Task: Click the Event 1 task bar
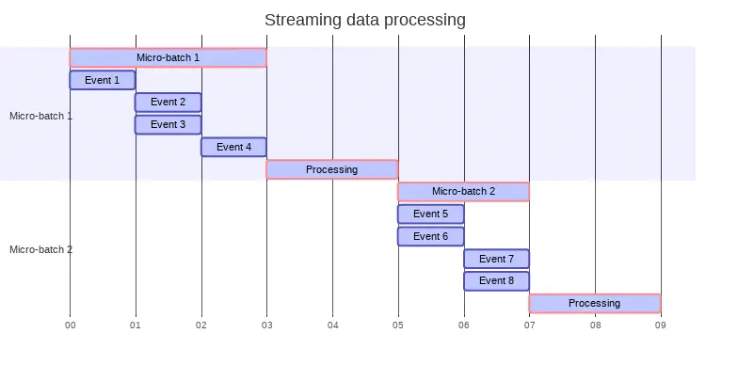tap(103, 80)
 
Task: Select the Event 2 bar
tap(168, 102)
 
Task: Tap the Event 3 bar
tap(168, 124)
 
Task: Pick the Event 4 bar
tap(233, 147)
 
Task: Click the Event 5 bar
tap(430, 214)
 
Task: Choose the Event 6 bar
tap(430, 236)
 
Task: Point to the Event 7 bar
tap(496, 259)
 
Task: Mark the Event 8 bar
tap(496, 280)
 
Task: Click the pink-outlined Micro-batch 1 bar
tap(168, 57)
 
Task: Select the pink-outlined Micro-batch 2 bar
tap(463, 191)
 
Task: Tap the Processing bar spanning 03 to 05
tap(331, 169)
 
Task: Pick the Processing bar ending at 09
tap(594, 303)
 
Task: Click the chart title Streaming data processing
tap(365, 20)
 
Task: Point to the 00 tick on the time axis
tap(70, 325)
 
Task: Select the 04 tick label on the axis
tap(332, 325)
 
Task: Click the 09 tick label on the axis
tap(661, 325)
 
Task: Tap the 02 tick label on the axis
tap(201, 325)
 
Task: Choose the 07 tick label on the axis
tap(529, 325)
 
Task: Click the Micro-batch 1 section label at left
tap(40, 117)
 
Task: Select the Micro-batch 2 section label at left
tap(40, 250)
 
